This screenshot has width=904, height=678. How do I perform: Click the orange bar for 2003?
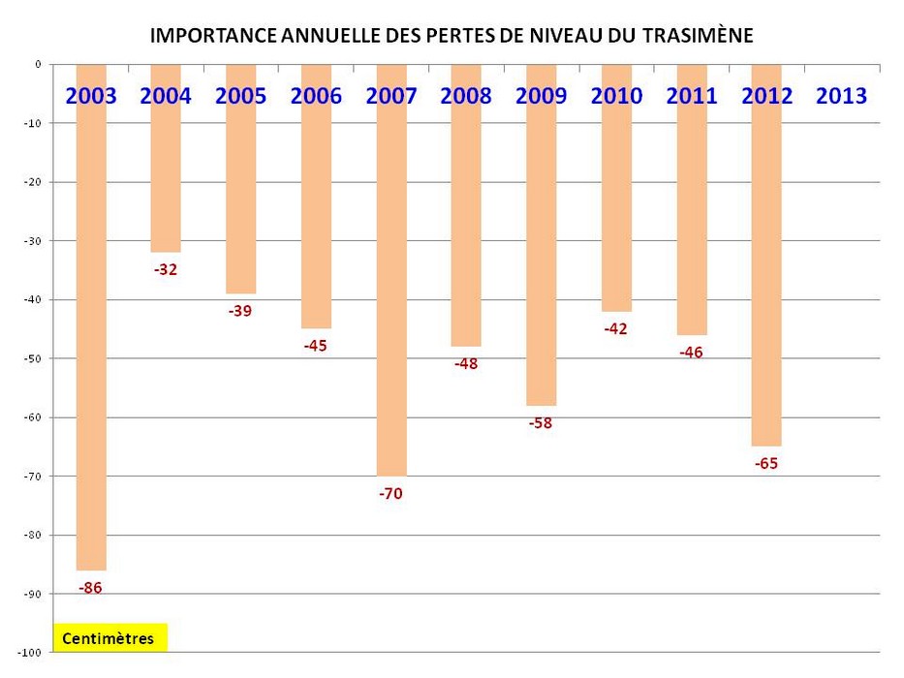point(91,339)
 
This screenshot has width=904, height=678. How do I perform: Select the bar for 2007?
point(391,291)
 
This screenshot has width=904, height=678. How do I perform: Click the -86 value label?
point(89,587)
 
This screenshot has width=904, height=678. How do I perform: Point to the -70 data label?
point(390,494)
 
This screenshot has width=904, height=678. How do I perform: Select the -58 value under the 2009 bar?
point(541,423)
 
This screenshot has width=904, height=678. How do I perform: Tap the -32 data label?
point(166,270)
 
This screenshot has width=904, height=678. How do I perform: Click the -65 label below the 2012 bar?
point(766,464)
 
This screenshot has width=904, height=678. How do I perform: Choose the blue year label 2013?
point(841,96)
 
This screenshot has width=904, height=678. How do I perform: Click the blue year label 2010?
point(616,96)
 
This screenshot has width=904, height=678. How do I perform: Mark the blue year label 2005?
point(240,96)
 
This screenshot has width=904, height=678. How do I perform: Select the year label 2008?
point(466,96)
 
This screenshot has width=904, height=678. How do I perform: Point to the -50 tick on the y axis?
point(31,359)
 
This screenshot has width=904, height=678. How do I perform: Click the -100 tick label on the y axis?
point(29,653)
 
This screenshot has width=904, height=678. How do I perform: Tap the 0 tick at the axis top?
point(38,65)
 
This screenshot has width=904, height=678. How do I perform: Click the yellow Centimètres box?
point(109,638)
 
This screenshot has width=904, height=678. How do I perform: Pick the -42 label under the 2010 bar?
point(616,329)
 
